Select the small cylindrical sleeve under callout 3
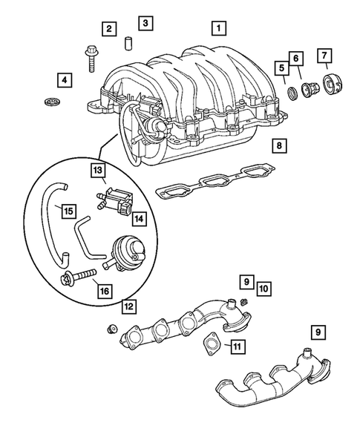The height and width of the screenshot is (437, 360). click(127, 42)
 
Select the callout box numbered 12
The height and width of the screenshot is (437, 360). click(130, 304)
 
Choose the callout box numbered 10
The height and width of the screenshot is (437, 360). click(264, 287)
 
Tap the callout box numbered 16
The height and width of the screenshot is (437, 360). click(103, 290)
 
